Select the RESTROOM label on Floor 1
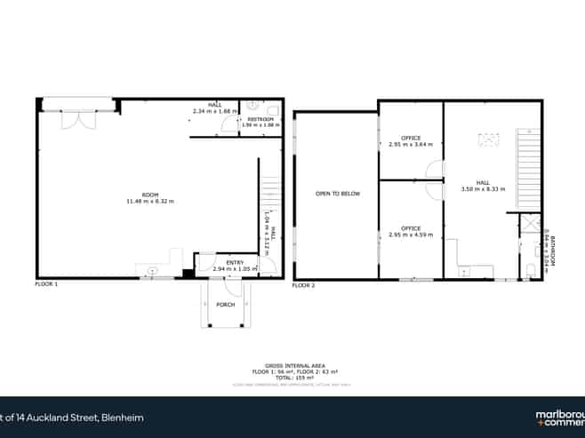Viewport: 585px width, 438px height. (260, 118)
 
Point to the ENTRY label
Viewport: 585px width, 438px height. (235, 262)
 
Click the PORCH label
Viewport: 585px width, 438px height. (227, 305)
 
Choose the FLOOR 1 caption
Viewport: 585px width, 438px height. (46, 284)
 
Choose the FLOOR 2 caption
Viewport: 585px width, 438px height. (304, 285)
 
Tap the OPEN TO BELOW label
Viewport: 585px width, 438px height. (338, 193)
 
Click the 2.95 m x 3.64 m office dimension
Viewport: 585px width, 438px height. (411, 144)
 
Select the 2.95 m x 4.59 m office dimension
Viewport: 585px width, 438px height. (411, 235)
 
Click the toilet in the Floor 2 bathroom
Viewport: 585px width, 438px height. (530, 270)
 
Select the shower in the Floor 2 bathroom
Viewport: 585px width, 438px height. (530, 226)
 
